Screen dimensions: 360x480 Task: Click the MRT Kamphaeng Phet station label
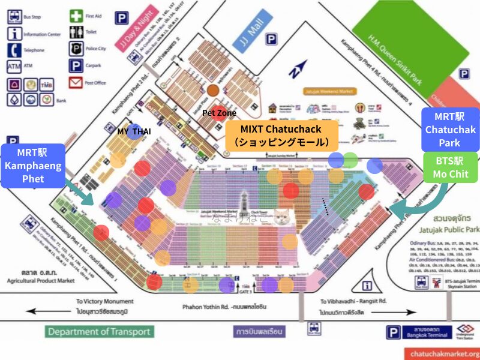coord(34,165)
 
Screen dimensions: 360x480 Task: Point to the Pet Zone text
coord(219,113)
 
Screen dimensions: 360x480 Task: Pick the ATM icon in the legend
coord(14,65)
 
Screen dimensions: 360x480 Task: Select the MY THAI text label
coord(134,131)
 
